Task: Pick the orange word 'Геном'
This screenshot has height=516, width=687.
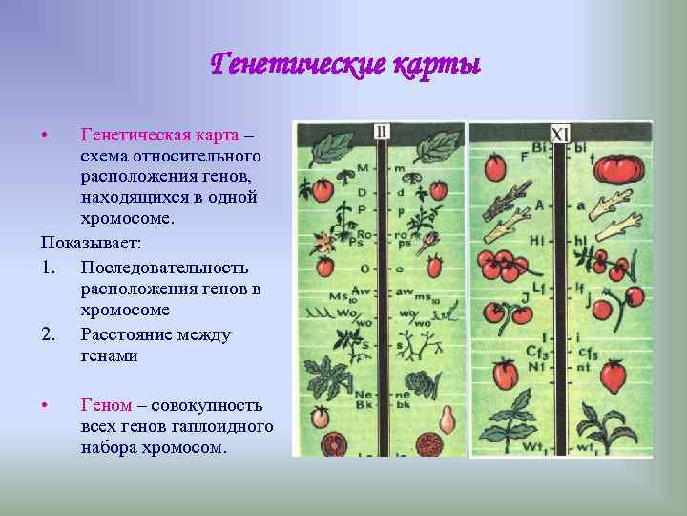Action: click(x=106, y=405)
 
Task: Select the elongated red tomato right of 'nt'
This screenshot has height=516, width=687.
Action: click(x=613, y=375)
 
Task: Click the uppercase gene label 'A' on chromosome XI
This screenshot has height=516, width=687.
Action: click(x=541, y=204)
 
